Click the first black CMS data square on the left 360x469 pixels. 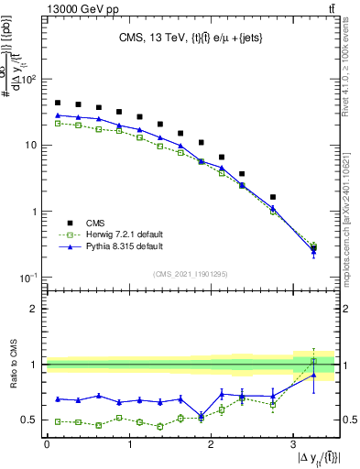click(x=58, y=103)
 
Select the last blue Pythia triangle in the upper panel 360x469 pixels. click(x=313, y=250)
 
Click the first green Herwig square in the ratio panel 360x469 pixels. click(x=58, y=421)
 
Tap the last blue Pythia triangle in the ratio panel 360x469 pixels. click(x=313, y=375)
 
